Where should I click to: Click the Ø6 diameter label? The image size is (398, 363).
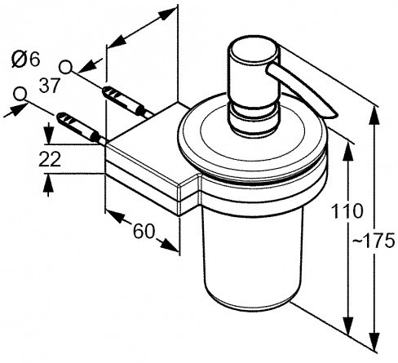click(26, 60)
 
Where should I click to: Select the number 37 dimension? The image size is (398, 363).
click(49, 86)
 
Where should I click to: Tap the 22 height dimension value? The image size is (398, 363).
click(50, 159)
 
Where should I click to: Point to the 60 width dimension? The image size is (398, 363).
click(144, 232)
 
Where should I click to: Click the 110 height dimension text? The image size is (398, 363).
click(347, 211)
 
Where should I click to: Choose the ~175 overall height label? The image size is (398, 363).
click(374, 241)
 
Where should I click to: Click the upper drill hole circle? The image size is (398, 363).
click(65, 67)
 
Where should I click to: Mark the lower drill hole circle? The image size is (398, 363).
click(20, 94)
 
